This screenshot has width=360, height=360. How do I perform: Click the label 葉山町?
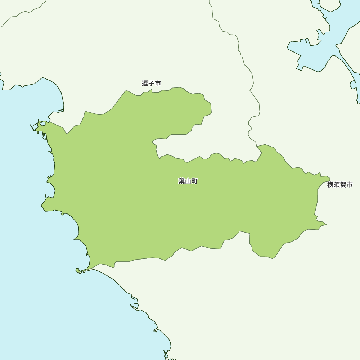coord(188,181)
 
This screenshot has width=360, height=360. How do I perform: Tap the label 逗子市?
coord(152,84)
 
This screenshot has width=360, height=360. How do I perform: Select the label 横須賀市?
coord(340,185)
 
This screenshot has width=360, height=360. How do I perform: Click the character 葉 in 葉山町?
coord(181,181)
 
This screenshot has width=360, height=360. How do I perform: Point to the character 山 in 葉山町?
coord(188,181)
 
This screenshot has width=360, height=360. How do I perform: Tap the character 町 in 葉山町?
coord(194,181)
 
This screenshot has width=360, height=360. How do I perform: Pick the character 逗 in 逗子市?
coord(145,84)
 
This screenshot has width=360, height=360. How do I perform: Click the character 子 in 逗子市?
coord(152,84)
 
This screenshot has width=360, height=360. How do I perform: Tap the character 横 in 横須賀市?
coord(330,185)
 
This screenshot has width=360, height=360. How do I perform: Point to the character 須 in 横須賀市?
coord(337,185)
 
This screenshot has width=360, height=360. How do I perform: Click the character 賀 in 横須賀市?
coord(343,185)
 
